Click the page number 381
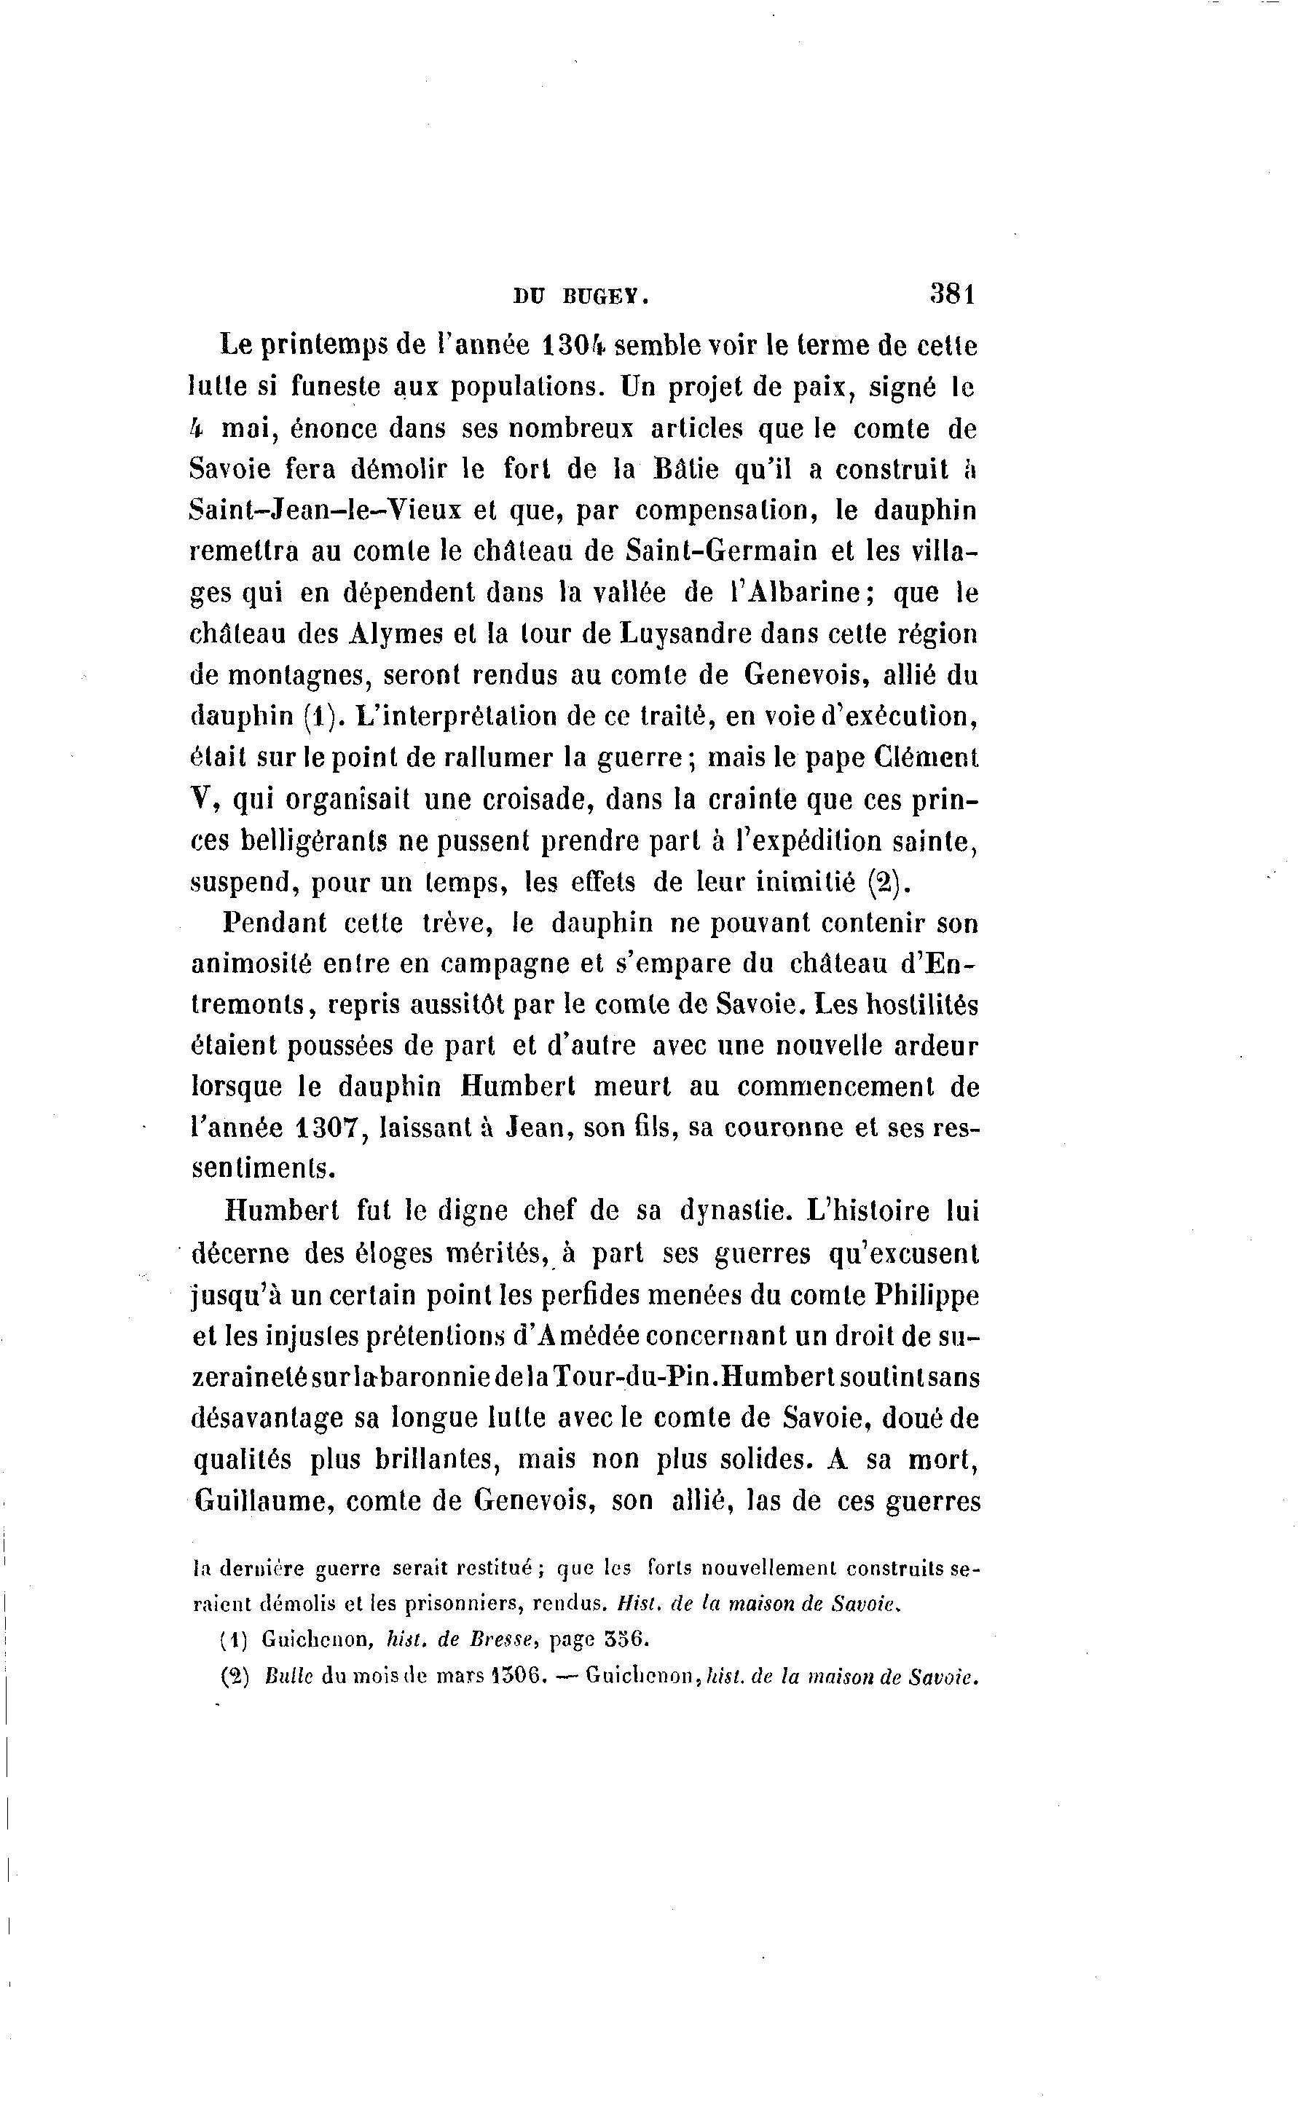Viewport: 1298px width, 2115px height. (x=953, y=294)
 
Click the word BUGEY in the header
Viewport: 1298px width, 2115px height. (x=605, y=298)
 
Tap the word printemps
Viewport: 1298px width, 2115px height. (x=323, y=347)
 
